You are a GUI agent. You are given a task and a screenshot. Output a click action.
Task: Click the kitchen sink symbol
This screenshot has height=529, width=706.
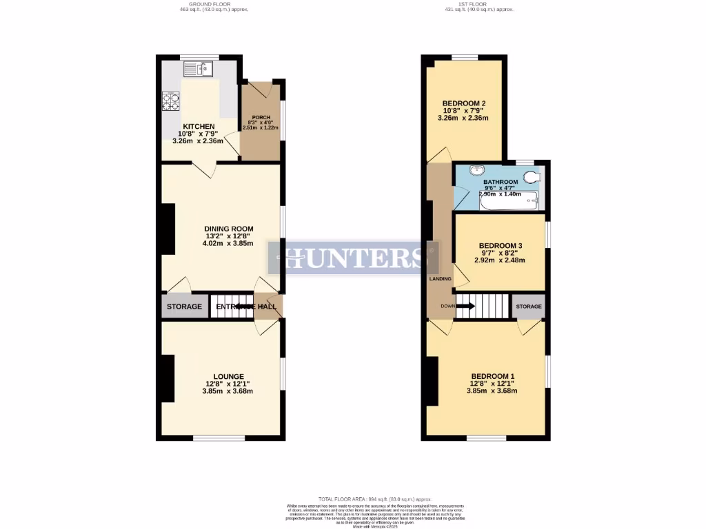point(199,69)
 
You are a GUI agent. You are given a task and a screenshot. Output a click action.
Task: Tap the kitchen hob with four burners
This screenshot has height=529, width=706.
point(170,102)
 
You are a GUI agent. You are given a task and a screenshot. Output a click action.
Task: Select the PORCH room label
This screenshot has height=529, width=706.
point(261,117)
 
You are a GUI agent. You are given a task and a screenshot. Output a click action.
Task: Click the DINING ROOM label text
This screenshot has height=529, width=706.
point(228,229)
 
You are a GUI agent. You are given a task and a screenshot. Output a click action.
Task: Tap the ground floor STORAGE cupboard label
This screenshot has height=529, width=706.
point(185,307)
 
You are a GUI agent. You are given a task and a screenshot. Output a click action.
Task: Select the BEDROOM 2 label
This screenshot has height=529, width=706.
point(465,104)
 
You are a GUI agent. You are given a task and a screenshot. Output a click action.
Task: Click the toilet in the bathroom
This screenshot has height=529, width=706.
point(532,178)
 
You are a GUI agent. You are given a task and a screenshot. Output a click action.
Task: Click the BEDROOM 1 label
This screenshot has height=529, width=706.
point(493,376)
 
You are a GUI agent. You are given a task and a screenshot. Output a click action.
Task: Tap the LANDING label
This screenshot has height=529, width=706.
point(440,279)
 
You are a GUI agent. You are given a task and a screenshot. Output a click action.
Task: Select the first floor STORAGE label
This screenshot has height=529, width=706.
point(529,307)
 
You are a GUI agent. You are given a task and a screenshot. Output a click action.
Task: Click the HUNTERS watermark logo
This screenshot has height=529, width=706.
point(354,258)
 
